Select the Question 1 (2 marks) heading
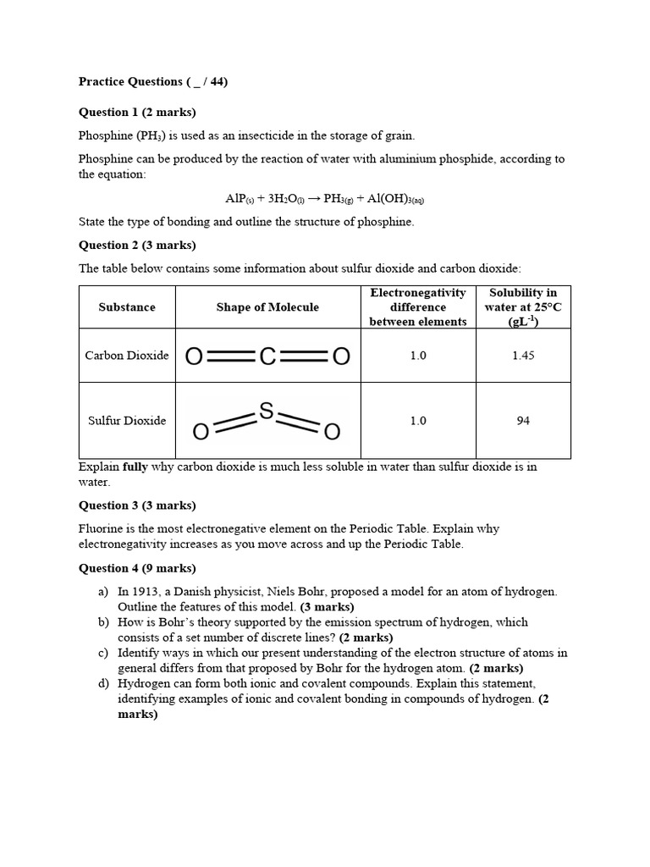point(137,113)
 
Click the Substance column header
point(127,307)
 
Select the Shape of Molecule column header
point(267,307)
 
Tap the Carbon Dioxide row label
point(127,356)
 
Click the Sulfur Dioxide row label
point(127,421)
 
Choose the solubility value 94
point(523,421)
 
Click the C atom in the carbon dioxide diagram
point(267,356)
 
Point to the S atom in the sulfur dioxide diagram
point(266,411)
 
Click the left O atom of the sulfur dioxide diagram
point(201,433)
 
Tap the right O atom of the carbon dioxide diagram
point(340,356)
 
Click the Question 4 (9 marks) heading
point(137,568)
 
